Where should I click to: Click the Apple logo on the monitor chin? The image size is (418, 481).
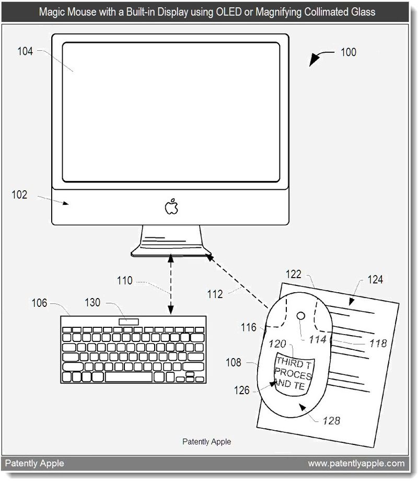point(171,206)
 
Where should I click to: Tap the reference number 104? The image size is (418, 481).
point(25,51)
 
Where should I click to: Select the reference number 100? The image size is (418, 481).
point(349,52)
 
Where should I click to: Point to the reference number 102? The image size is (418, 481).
point(19,194)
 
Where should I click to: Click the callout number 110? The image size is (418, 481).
point(124,280)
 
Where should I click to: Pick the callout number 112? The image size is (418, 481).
point(215,294)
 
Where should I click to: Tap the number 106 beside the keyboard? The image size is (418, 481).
point(39,303)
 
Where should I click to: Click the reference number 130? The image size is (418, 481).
point(92,303)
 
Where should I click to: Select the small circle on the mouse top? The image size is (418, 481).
point(301,316)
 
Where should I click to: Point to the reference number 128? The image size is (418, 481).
point(331,420)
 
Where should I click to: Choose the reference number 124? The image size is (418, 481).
point(375,280)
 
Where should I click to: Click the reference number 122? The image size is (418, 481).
point(294,274)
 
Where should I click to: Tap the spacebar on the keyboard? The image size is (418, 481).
point(129,377)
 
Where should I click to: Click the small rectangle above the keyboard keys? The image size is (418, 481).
point(129,322)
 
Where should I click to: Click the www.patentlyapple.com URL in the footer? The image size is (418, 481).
point(356,463)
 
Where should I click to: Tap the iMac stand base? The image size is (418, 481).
point(171,252)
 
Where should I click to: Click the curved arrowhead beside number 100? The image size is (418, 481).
point(314,60)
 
